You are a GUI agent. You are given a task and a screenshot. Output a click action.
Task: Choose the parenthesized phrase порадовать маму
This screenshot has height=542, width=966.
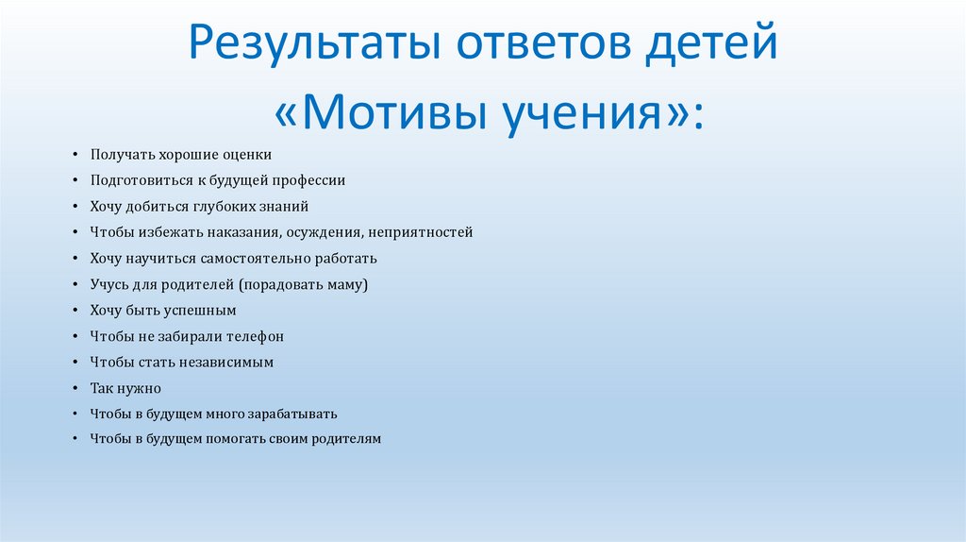tap(303, 284)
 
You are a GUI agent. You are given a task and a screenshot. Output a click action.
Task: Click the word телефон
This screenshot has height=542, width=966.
tap(254, 336)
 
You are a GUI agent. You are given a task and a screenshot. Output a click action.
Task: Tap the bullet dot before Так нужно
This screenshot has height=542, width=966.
tap(75, 389)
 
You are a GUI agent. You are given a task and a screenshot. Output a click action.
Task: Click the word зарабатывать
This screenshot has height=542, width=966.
tap(291, 414)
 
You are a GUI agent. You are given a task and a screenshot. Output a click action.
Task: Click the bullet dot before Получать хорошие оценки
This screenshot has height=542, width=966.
tap(75, 155)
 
